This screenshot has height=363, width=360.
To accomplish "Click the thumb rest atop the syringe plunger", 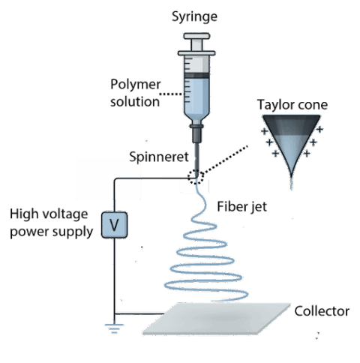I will click(196, 35).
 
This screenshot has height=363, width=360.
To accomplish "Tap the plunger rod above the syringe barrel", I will click(196, 45).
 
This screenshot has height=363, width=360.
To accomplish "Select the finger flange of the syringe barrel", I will click(196, 53).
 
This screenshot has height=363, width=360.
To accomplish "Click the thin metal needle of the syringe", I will click(197, 161).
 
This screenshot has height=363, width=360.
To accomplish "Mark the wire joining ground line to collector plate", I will click(139, 313).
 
